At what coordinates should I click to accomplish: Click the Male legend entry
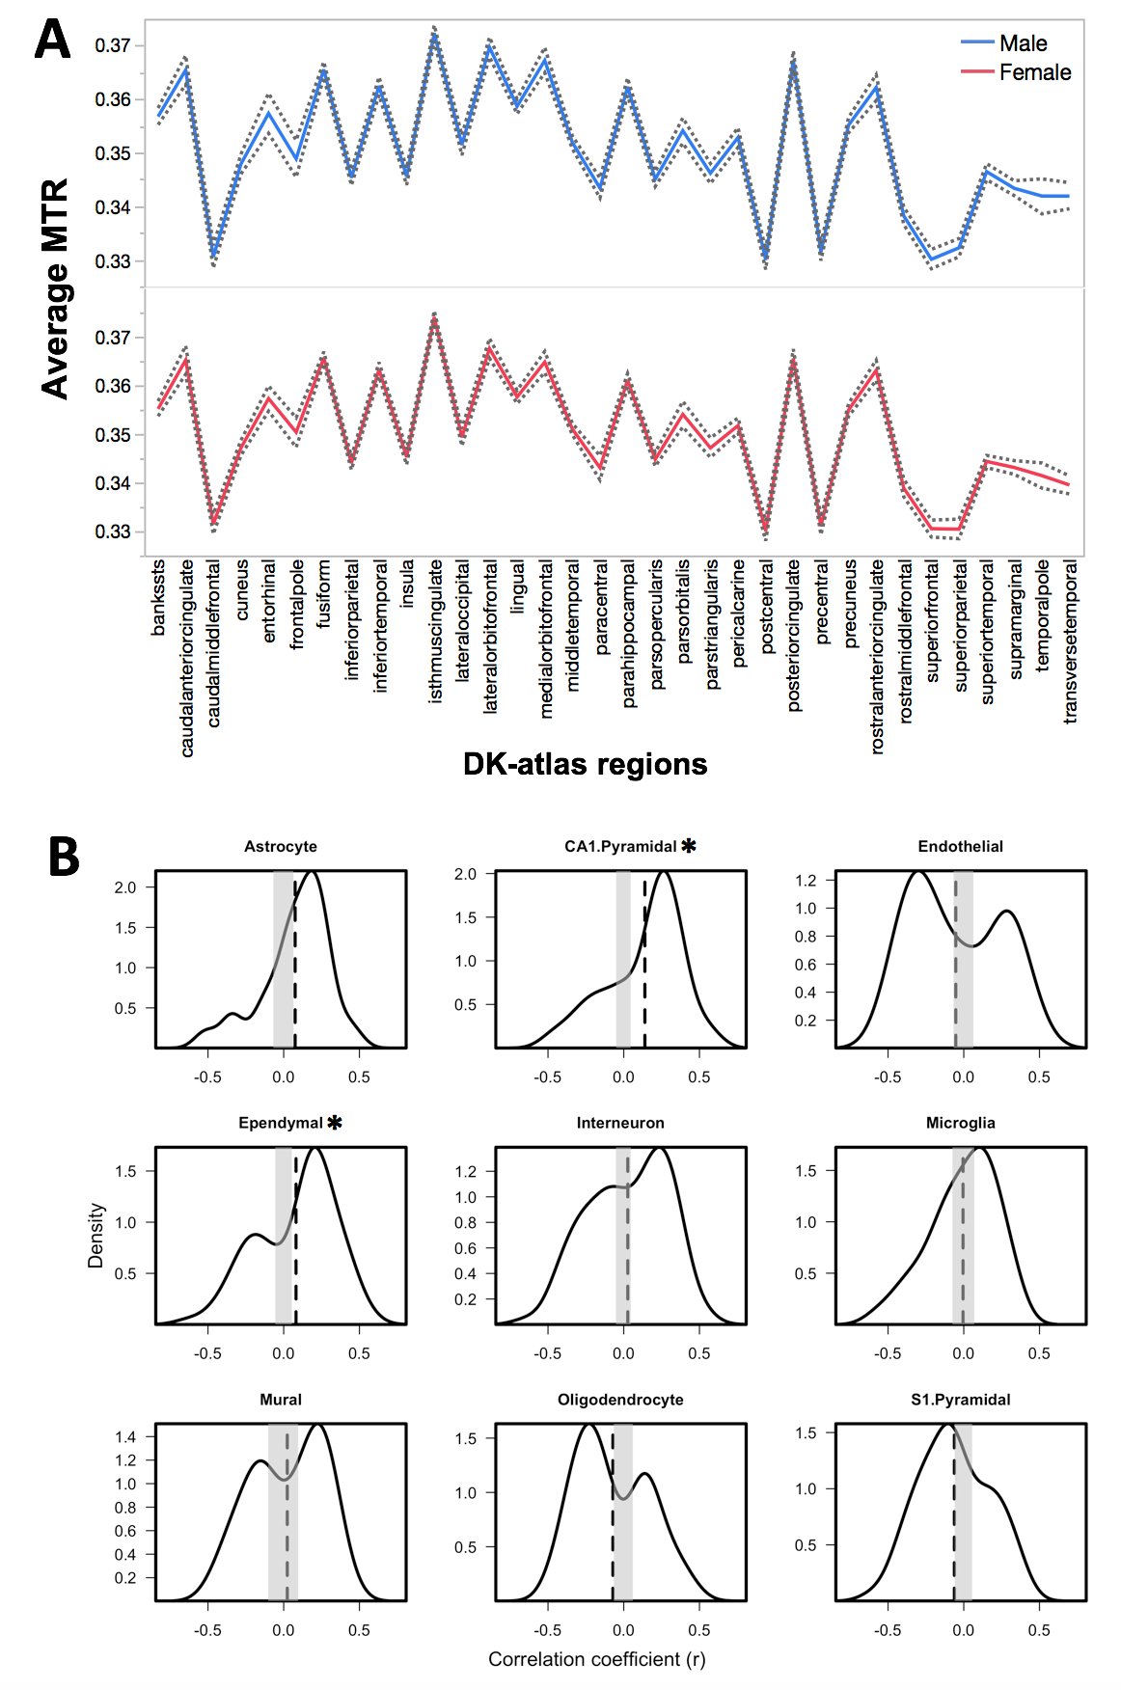pyautogui.click(x=1023, y=43)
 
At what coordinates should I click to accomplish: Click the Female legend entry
pyautogui.click(x=1034, y=72)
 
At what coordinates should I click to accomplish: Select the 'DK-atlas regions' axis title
pyautogui.click(x=585, y=764)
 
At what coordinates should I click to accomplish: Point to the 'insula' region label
pyautogui.click(x=407, y=584)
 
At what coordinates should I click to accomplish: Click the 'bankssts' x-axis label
pyautogui.click(x=159, y=598)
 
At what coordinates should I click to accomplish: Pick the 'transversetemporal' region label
pyautogui.click(x=1070, y=642)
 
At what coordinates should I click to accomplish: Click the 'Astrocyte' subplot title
pyautogui.click(x=280, y=847)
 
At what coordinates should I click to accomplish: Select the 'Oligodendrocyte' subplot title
pyautogui.click(x=620, y=1400)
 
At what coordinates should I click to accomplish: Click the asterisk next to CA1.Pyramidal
pyautogui.click(x=689, y=846)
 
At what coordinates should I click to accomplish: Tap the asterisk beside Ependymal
pyautogui.click(x=335, y=1123)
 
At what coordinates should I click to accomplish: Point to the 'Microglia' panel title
pyautogui.click(x=960, y=1123)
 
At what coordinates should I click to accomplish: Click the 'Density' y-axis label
pyautogui.click(x=96, y=1235)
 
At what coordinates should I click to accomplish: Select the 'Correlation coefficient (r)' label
pyautogui.click(x=596, y=1659)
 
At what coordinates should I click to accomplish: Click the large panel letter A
pyautogui.click(x=52, y=41)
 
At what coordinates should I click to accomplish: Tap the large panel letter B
pyautogui.click(x=64, y=857)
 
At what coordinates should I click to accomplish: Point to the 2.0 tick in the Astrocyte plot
pyautogui.click(x=125, y=887)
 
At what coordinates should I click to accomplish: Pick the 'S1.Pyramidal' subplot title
pyautogui.click(x=960, y=1400)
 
